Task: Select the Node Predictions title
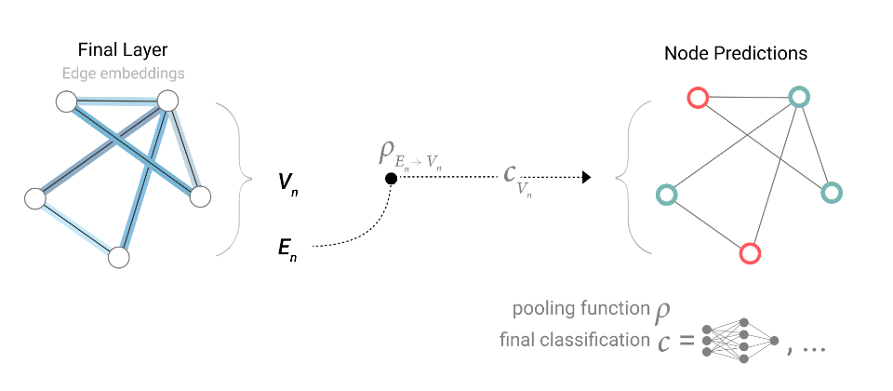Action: (736, 54)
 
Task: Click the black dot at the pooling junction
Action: (391, 178)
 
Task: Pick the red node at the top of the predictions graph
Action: (697, 97)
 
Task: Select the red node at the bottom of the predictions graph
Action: (750, 251)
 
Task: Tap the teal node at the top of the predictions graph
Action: (798, 96)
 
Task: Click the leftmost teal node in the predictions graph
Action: (666, 195)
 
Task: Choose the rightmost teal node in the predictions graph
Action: (831, 193)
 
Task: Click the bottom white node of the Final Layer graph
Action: (118, 257)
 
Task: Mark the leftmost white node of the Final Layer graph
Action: (35, 198)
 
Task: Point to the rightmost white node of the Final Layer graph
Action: (200, 196)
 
